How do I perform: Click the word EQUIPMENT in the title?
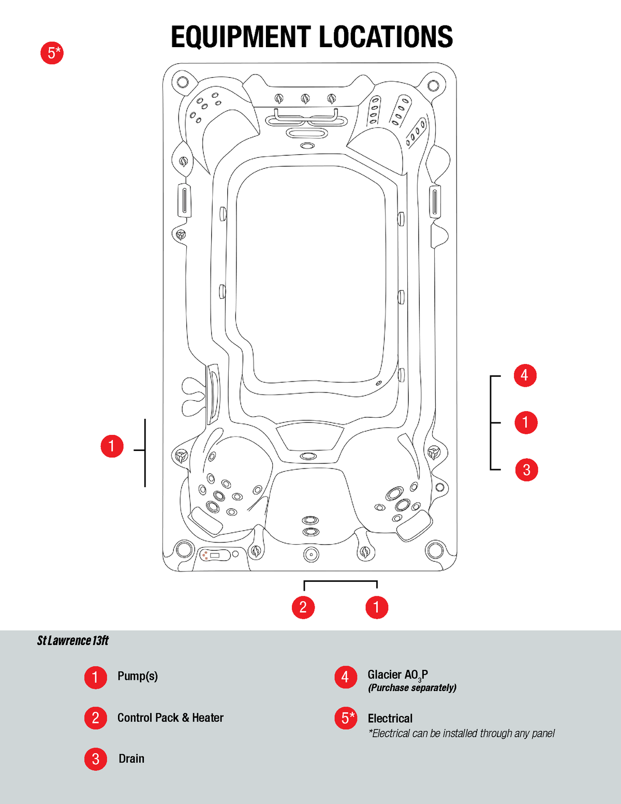pos(241,37)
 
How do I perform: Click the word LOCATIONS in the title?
pos(386,37)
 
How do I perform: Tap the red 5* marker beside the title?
pos(52,53)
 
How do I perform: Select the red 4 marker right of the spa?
pos(525,375)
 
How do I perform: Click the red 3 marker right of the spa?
pos(526,470)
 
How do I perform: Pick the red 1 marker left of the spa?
pos(112,446)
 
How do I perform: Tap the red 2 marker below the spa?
pos(303,607)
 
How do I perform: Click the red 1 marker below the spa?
pos(377,607)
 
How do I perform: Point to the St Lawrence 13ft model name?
pos(73,641)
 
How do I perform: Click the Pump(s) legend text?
pos(138,676)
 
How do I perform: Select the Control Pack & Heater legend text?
pos(170,718)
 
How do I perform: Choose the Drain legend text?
pos(131,758)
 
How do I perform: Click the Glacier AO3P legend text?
pos(397,675)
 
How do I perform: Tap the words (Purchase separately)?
pos(412,688)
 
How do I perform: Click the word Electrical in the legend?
pos(390,718)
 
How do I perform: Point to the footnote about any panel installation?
pos(461,733)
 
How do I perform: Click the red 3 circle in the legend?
pos(96,759)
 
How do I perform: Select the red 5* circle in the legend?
pos(346,718)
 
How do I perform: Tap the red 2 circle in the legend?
pos(96,718)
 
